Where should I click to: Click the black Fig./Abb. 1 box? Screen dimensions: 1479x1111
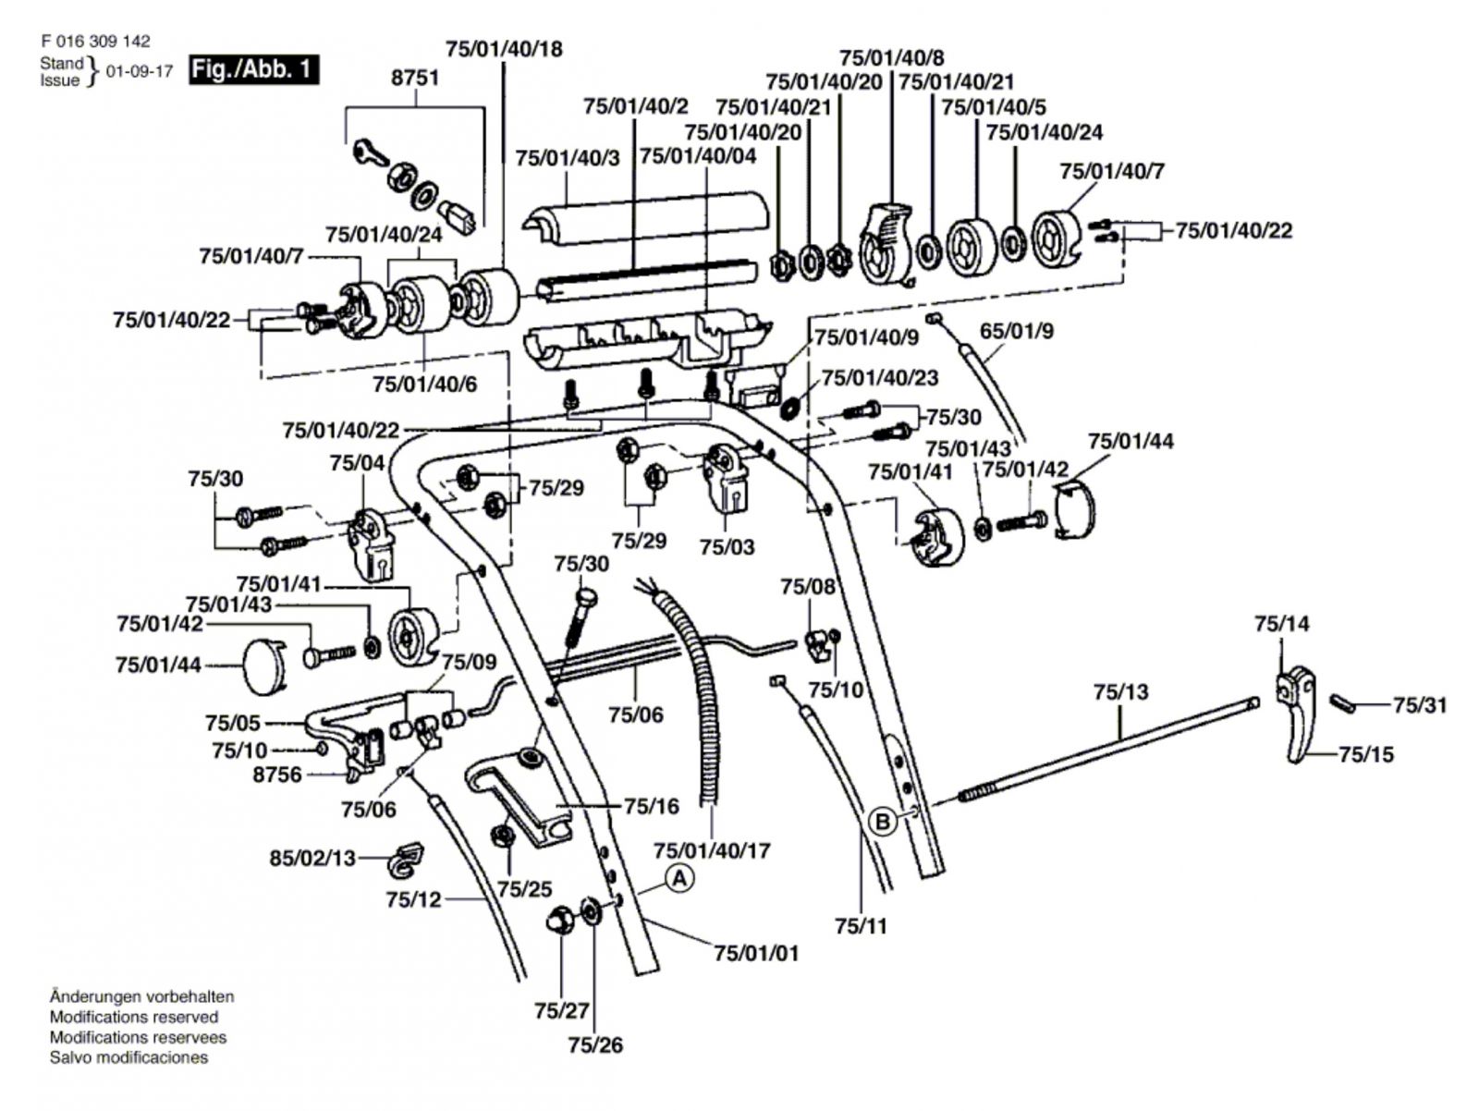[x=253, y=69]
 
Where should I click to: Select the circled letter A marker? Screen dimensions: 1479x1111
[x=679, y=879]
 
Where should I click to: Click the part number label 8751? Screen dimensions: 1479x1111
[x=415, y=79]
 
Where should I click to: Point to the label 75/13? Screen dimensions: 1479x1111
[x=1120, y=692]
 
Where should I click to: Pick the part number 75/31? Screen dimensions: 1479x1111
[x=1420, y=704]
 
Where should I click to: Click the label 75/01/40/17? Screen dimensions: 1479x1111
[x=712, y=850]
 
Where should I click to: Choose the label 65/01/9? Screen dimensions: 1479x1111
[x=1016, y=331]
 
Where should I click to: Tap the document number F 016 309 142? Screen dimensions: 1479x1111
[x=96, y=41]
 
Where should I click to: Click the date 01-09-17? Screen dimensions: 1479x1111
[x=140, y=72]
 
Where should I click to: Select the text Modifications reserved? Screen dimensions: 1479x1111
[x=134, y=1017]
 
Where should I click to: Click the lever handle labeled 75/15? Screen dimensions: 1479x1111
[x=1295, y=714]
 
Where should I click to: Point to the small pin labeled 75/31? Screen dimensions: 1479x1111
[x=1341, y=702]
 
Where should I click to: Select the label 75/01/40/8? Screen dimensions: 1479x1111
[x=892, y=57]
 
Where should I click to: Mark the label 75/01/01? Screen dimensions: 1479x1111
[x=756, y=953]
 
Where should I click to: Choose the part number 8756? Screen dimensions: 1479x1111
[x=277, y=775]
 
